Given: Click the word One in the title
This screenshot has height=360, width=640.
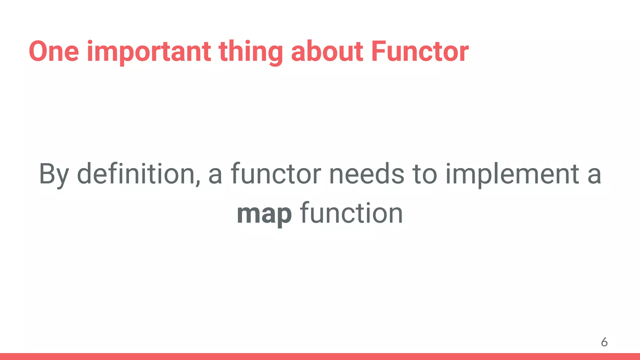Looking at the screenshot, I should [x=54, y=51].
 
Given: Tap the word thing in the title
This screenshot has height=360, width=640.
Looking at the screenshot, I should [x=251, y=52].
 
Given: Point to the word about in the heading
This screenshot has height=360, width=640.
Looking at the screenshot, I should [x=327, y=51].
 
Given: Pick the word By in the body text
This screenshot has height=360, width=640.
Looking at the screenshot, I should [x=54, y=174].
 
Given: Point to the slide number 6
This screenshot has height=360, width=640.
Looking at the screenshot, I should [x=604, y=342].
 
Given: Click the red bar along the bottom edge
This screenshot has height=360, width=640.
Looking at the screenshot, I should [x=320, y=357].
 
